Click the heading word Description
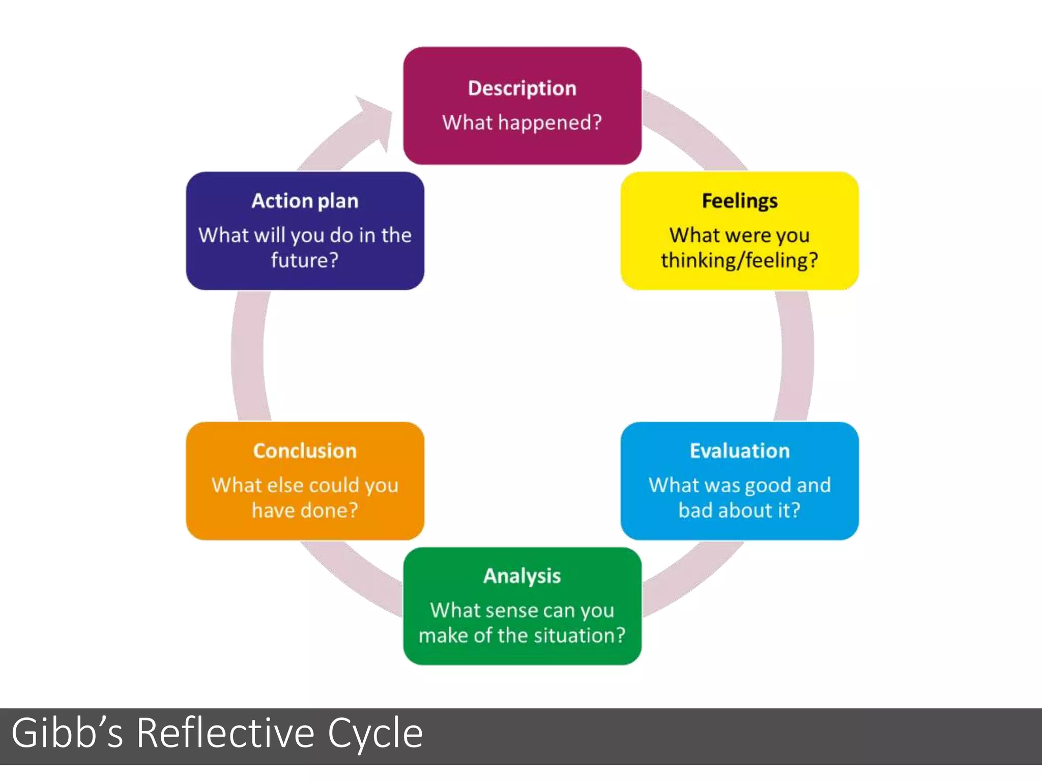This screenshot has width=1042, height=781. pos(522,88)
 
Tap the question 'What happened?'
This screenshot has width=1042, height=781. pos(522,123)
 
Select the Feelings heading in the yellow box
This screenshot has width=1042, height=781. pos(739,201)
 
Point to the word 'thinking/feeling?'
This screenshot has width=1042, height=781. pos(739,260)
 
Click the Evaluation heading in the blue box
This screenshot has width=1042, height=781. pos(739,451)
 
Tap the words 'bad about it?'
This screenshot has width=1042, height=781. pos(739,510)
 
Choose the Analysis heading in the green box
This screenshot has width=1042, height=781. pos(522,576)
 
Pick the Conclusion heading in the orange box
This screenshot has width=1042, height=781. pos(305,451)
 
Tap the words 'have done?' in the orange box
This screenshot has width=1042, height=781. pos(305,510)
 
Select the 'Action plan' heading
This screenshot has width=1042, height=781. pos(305,201)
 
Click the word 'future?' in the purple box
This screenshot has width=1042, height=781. pos(305,260)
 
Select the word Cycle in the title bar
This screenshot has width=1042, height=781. pos(375,733)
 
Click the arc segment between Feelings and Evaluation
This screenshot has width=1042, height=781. pos(796,356)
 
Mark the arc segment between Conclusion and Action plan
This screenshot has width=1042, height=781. pos(248,356)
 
